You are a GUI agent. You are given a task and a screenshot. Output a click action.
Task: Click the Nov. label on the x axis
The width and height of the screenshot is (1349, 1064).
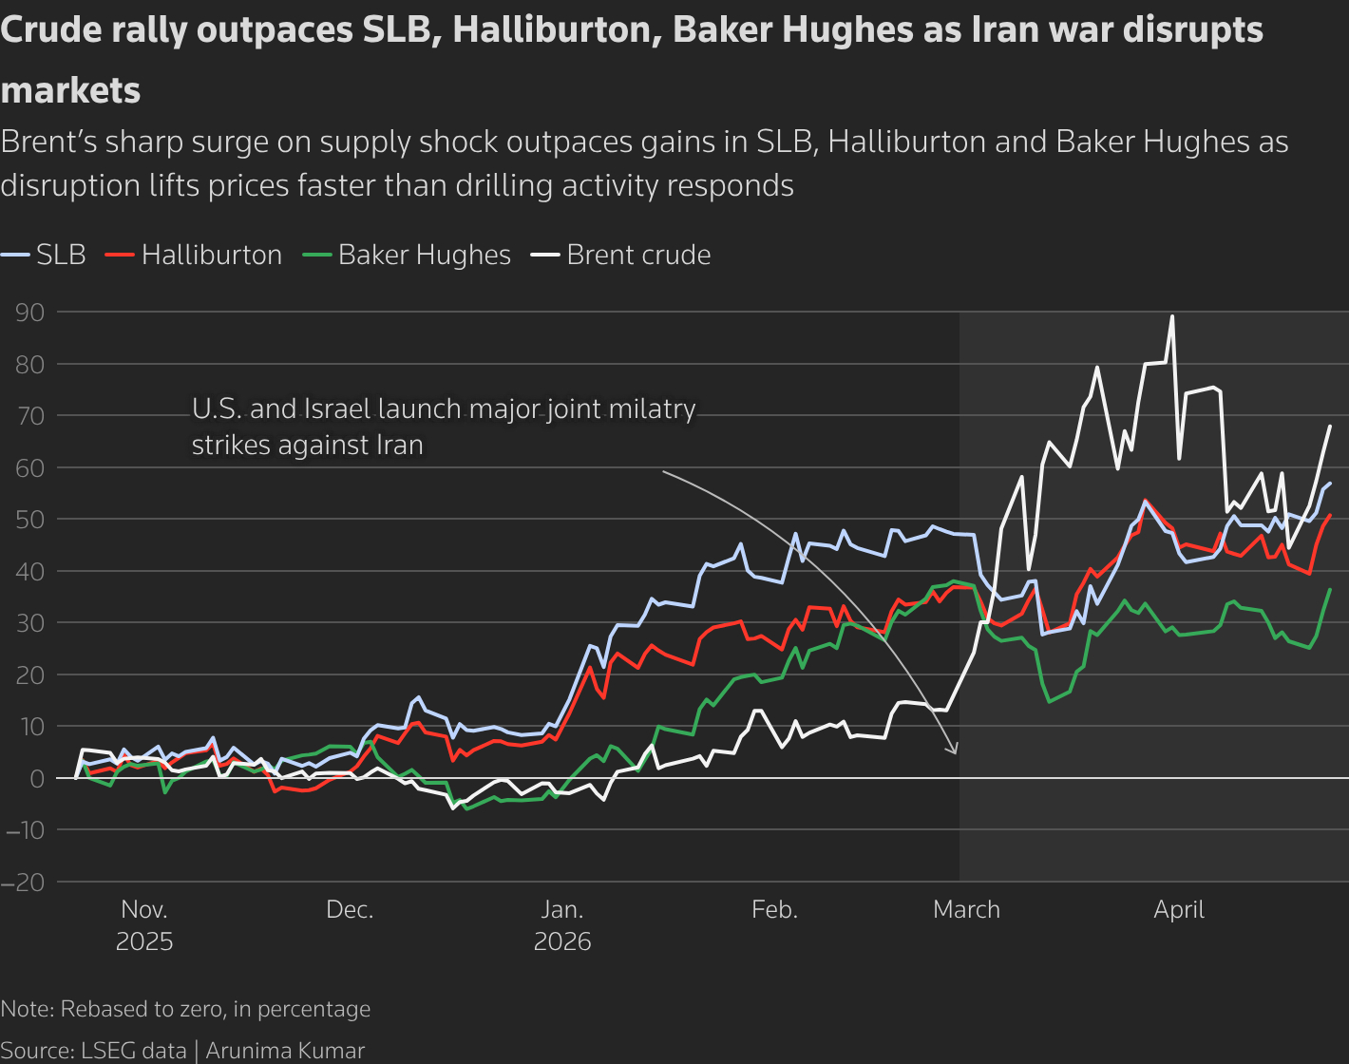(x=144, y=909)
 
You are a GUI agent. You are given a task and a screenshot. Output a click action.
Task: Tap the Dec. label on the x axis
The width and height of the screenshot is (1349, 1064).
(x=350, y=909)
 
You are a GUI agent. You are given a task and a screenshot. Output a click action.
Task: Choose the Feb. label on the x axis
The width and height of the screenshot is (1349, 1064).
(x=774, y=909)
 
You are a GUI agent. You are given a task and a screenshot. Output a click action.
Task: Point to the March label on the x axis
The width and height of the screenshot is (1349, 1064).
(x=966, y=909)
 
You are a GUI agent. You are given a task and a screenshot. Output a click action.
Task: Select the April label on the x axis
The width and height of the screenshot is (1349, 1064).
(x=1179, y=909)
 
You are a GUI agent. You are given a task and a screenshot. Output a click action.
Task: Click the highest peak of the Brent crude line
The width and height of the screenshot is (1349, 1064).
(x=1172, y=316)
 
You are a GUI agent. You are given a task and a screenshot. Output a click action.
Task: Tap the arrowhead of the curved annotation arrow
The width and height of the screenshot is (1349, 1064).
(x=956, y=751)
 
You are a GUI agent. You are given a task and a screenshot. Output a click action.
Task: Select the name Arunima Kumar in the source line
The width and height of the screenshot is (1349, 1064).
(x=285, y=1050)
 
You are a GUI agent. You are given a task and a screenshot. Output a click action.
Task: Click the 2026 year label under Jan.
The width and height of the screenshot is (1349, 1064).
(x=562, y=941)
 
